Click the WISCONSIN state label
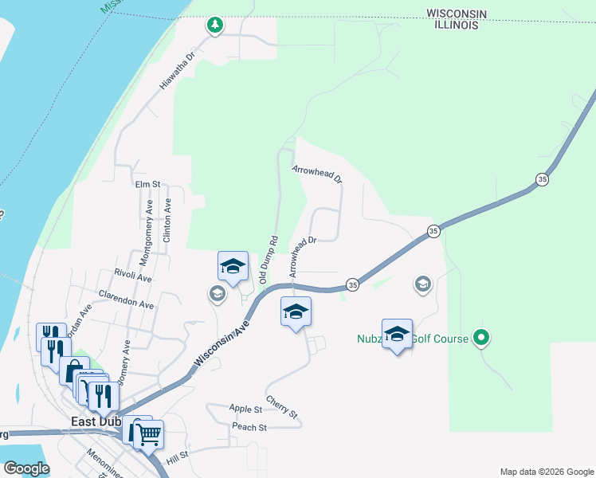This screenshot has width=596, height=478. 457,14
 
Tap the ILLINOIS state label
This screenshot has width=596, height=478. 457,25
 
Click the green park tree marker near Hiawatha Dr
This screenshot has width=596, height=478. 214,25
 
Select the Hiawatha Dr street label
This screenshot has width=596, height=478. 177,71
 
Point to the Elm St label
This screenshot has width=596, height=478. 148,184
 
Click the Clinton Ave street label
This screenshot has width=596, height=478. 167,221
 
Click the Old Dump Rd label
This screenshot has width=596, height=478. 267,260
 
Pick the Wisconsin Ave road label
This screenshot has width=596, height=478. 222,340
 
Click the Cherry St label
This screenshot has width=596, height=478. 282,407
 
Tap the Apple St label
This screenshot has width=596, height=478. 246,409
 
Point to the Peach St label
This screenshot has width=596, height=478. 249,427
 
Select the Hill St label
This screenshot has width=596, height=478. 177,456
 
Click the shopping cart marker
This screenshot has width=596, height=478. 149,434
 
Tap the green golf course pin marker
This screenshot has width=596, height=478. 480,338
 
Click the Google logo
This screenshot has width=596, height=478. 26,468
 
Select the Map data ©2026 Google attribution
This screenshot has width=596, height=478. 546,472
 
